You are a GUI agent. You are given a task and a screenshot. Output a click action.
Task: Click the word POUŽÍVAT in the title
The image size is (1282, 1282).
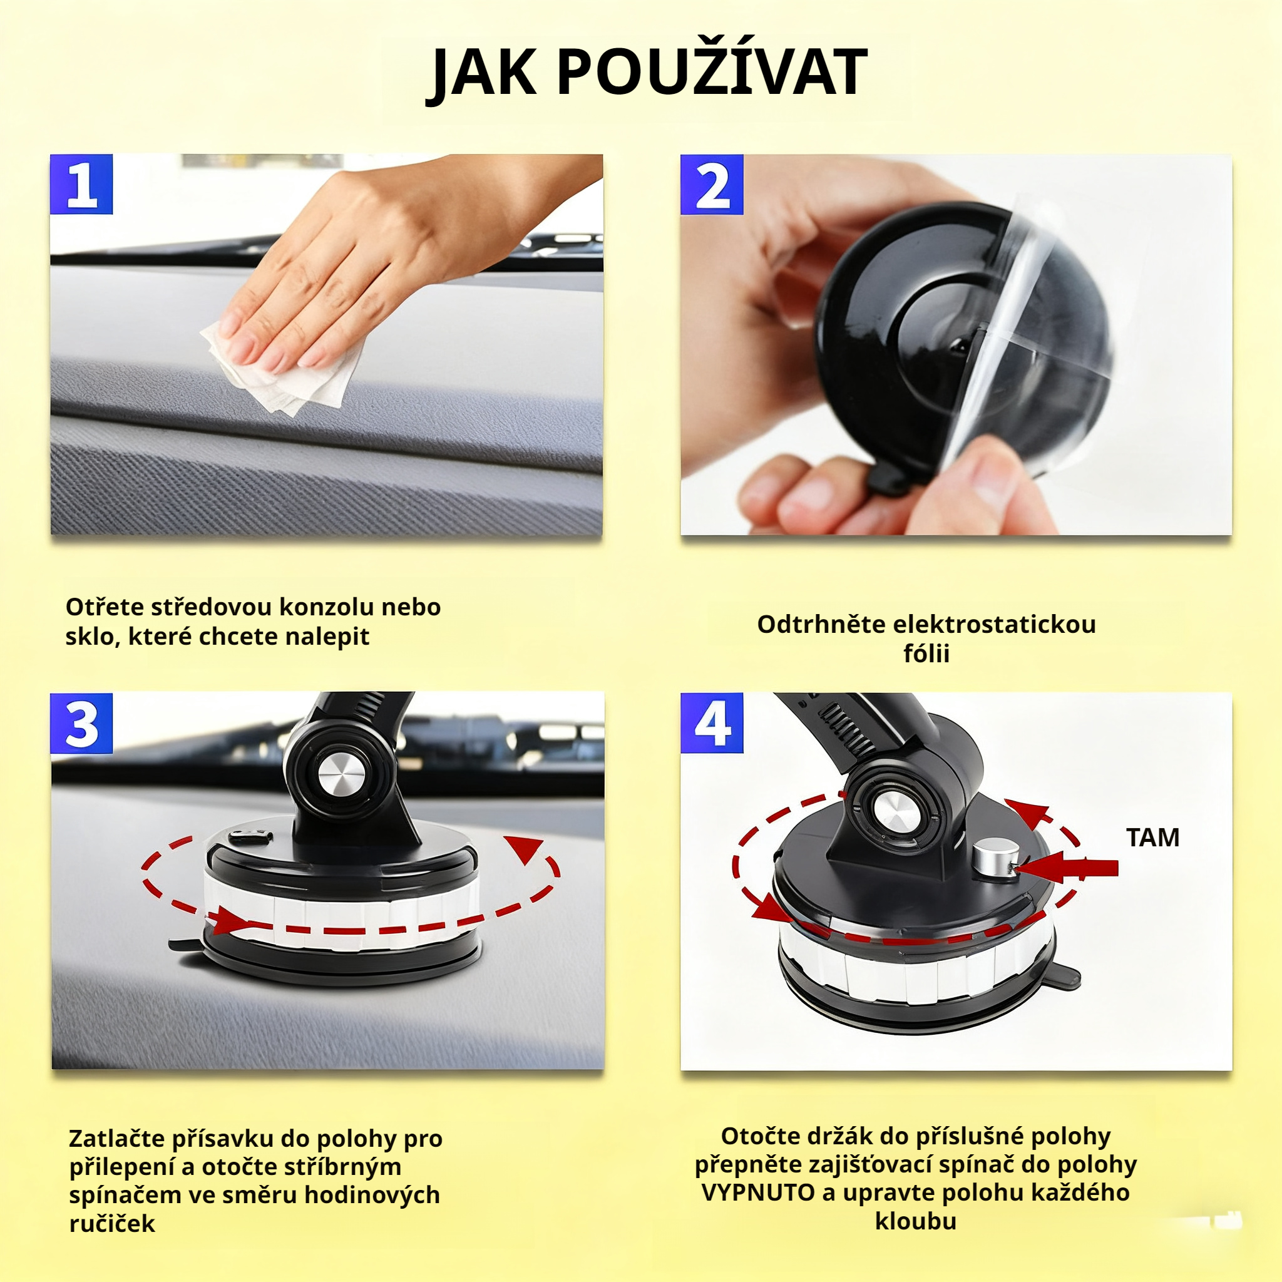point(711,73)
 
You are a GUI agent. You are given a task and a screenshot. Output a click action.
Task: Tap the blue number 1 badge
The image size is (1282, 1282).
point(81,185)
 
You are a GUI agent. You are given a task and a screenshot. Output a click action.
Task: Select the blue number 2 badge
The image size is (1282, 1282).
point(711,185)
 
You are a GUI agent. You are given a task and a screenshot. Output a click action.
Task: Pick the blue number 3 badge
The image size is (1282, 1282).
point(81,723)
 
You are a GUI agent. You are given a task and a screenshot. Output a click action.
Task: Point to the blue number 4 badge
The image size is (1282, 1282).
point(711,723)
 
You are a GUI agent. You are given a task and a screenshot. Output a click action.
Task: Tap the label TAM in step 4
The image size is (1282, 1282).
point(1152,838)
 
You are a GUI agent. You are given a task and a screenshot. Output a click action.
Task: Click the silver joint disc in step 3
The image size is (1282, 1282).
point(341,774)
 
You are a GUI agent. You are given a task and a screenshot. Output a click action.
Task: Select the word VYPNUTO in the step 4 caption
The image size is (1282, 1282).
point(758,1192)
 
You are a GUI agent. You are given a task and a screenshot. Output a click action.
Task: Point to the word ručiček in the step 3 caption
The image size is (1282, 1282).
point(112,1223)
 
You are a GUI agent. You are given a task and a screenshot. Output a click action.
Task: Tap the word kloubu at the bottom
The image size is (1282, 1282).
point(915,1221)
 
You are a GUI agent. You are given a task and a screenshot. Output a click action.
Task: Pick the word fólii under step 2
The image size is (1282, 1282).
point(926,654)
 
